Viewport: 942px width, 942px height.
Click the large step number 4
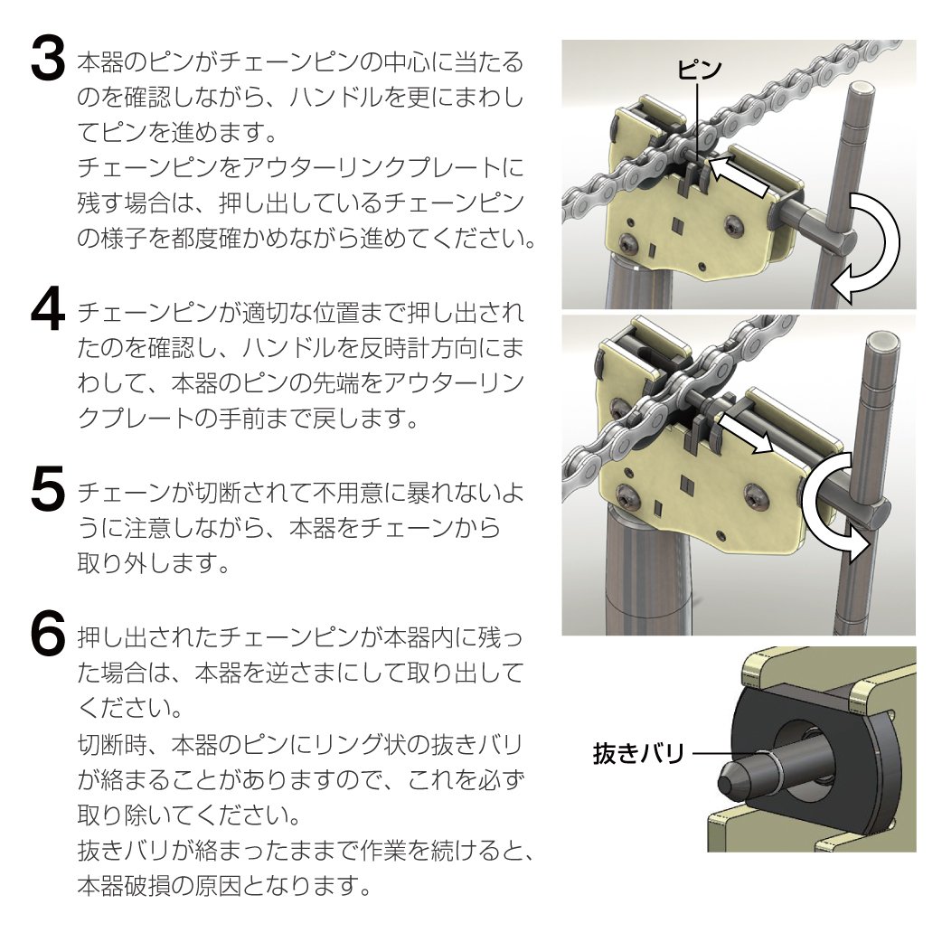(x=47, y=309)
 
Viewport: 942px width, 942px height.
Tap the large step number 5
(x=47, y=489)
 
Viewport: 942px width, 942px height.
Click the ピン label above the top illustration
(x=700, y=70)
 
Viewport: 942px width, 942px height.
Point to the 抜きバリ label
(x=639, y=753)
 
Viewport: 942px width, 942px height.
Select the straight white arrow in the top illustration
(x=739, y=175)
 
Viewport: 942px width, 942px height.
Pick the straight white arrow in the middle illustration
(x=745, y=432)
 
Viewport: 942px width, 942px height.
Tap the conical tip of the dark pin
(x=729, y=779)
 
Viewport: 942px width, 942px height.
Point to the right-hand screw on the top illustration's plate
(x=734, y=225)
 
